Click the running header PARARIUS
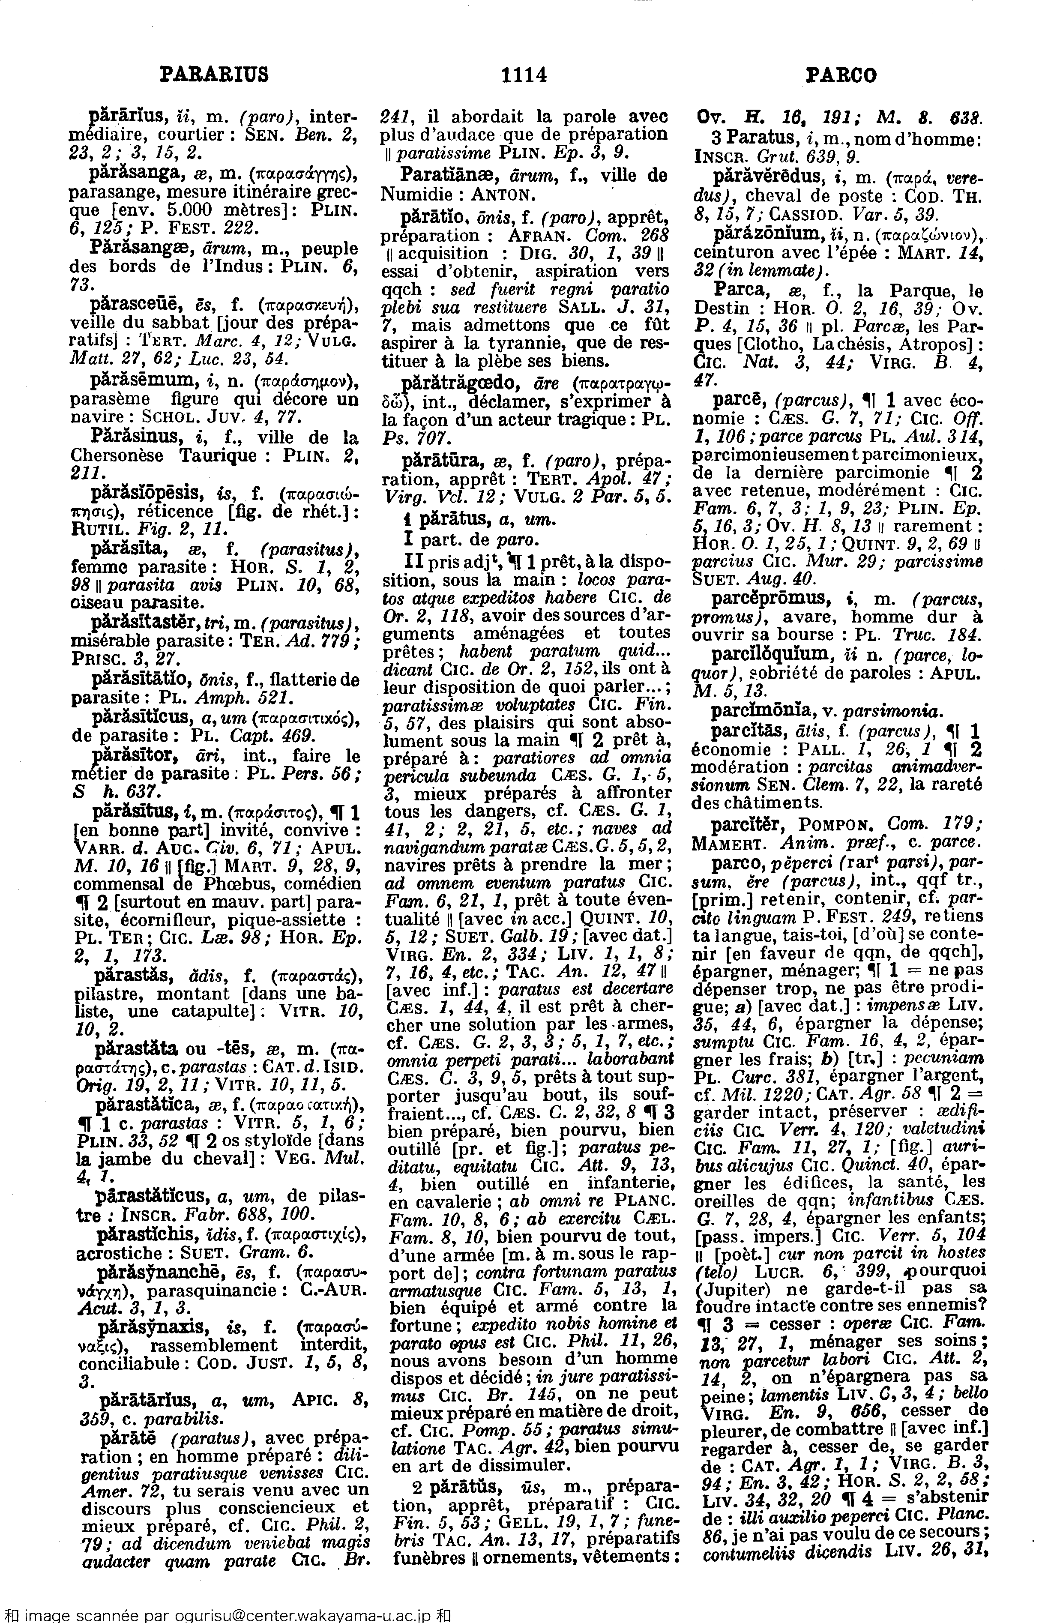(x=215, y=74)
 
